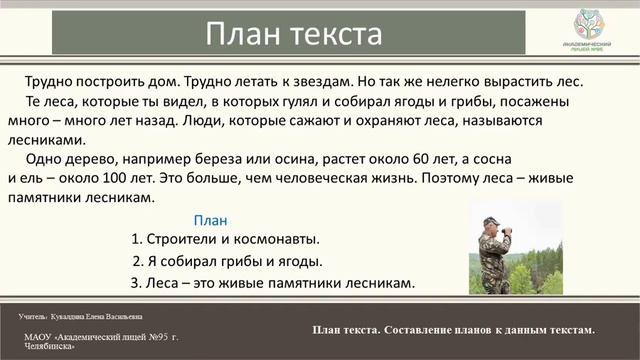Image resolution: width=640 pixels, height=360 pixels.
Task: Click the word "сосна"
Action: point(487,160)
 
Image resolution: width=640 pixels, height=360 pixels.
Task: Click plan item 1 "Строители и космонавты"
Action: point(225,240)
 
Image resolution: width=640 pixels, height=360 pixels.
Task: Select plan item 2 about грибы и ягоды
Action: point(227,262)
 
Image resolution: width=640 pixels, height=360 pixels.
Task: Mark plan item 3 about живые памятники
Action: point(272,284)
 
